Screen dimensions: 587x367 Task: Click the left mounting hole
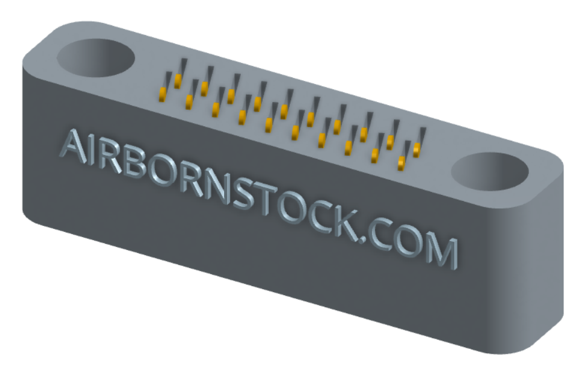pos(95,58)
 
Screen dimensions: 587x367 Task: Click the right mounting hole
pos(490,171)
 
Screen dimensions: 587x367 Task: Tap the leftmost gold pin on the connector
pos(162,94)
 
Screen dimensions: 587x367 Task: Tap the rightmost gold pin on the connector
pos(416,150)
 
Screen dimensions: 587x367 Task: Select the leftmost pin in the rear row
pos(178,81)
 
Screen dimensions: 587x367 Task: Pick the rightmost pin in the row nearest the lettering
pos(402,164)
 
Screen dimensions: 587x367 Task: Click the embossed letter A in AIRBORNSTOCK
pos(75,146)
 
